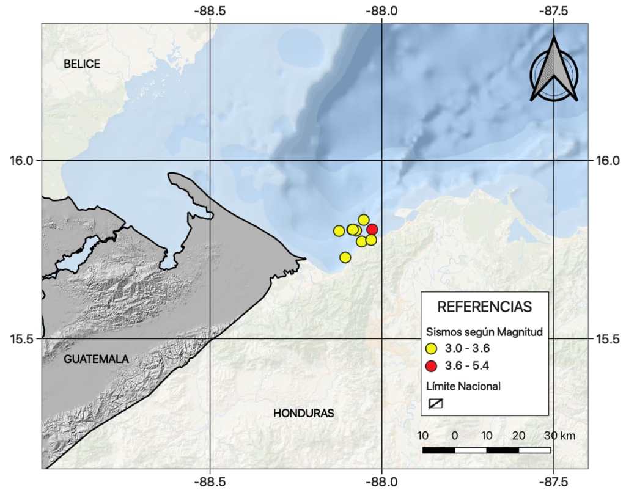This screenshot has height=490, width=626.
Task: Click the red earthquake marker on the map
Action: coord(372,230)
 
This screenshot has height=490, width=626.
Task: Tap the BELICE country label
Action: coord(81,64)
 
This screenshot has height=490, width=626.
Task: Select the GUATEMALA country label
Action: coord(96,359)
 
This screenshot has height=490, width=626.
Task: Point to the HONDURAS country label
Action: coord(303,414)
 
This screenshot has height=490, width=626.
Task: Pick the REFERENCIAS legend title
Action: coord(485,306)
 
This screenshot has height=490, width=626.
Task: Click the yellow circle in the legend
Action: coord(432,349)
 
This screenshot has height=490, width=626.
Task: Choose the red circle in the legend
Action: coord(432,367)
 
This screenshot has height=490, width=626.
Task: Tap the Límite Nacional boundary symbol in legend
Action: coord(435,403)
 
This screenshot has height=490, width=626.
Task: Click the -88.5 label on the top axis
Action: coord(209,11)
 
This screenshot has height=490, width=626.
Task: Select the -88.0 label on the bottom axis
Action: coord(381,480)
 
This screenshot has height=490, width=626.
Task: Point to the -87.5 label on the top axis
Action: coord(553,11)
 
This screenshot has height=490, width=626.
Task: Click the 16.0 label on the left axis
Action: coord(20,161)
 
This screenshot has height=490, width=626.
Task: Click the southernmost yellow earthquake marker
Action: coord(345,257)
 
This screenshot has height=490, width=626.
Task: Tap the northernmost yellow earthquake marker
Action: coord(363,219)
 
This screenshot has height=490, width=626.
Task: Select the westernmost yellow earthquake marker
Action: coord(339,230)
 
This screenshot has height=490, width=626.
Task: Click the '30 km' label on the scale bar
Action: coord(559,436)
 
